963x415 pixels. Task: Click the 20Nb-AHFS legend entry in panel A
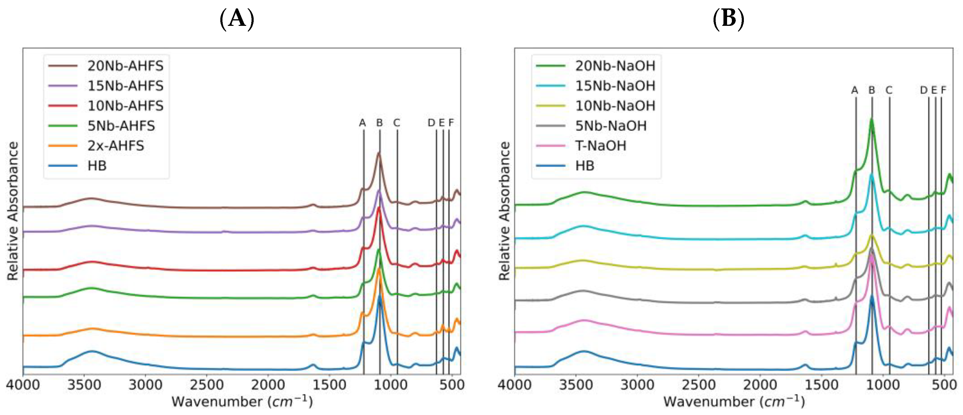[x=125, y=66]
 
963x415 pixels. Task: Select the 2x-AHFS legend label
[x=116, y=145]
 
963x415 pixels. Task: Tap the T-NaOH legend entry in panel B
[x=600, y=145]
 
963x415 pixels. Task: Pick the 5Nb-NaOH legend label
[x=611, y=126]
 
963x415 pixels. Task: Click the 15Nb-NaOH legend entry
[x=615, y=86]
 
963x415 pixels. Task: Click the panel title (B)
[x=728, y=19]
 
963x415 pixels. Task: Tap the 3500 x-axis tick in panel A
[x=84, y=385]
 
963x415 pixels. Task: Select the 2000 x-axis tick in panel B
[x=760, y=385]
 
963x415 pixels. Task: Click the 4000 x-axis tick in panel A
[x=23, y=385]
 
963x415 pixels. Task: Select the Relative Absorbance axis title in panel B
[x=504, y=211]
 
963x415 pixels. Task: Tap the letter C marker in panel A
[x=397, y=123]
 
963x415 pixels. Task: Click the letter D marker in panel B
[x=924, y=90]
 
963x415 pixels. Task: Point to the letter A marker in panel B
[x=855, y=90]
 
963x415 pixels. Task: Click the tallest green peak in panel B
[x=871, y=120]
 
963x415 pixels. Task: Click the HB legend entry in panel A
[x=97, y=166]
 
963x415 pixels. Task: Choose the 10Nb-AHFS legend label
[x=125, y=106]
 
